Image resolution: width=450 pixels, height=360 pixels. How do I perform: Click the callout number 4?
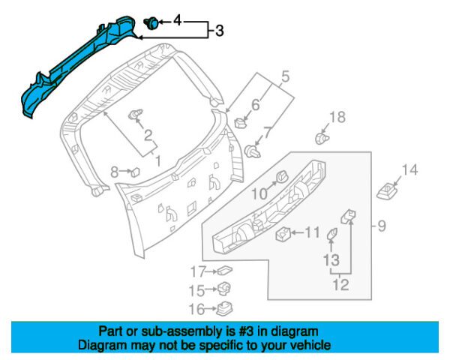pos(178,20)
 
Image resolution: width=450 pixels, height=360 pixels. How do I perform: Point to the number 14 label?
pos(409,170)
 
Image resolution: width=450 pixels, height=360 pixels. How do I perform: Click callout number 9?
pos(381,225)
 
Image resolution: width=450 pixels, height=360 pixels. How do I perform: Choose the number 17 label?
pos(197,271)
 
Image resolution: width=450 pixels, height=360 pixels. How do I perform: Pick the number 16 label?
pos(197,308)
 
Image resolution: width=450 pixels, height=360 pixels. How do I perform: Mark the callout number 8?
pos(115,172)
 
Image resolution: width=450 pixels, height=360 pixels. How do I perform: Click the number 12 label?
pos(340,284)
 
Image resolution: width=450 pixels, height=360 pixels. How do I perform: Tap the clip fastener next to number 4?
pos(150,22)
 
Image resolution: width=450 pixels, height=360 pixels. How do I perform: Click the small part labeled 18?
pos(323,139)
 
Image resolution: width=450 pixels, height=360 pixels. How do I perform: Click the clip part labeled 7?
pos(251,152)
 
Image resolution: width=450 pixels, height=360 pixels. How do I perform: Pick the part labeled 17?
pos(223,271)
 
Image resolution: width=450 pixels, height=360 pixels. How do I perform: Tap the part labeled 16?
pos(223,308)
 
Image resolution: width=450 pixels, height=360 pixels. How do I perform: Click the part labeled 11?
pos(284,235)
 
